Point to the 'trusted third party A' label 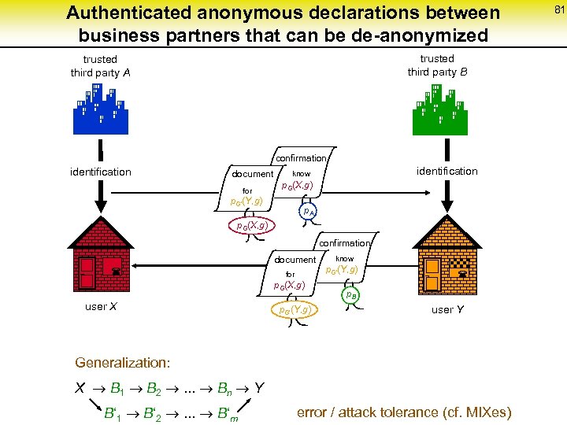[100, 66]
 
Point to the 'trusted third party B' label [437, 65]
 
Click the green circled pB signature [351, 294]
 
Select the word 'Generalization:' [122, 363]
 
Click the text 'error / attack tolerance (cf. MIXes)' [404, 412]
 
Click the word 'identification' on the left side [101, 172]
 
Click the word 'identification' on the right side [447, 171]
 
